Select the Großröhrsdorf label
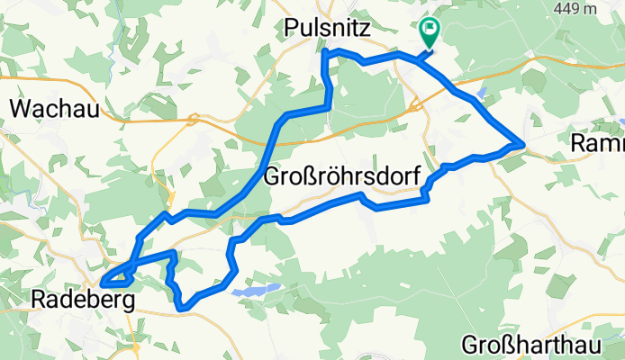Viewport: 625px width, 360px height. tap(341, 177)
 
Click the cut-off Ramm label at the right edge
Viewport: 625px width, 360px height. tap(598, 143)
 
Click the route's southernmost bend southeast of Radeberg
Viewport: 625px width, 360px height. tap(185, 308)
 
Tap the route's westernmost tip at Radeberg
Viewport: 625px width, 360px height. tap(102, 283)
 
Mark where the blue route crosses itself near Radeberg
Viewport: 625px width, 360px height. tap(131, 269)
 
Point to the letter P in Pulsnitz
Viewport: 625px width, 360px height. tap(290, 28)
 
